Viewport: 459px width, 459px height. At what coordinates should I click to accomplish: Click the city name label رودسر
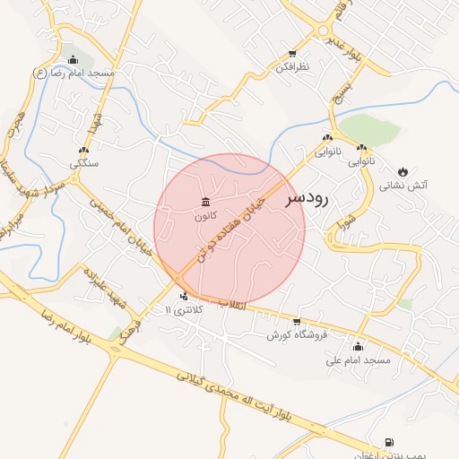click(x=307, y=199)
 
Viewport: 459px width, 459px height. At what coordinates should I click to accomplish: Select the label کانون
click(x=205, y=216)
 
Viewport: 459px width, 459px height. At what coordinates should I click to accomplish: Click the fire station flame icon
click(x=403, y=170)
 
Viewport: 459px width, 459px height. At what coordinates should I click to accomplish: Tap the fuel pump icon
click(x=388, y=442)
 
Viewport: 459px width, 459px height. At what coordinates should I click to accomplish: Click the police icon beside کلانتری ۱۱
click(x=184, y=296)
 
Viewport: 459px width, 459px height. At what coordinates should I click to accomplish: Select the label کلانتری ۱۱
click(x=185, y=309)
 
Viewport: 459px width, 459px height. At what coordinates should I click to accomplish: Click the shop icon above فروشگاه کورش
click(x=297, y=321)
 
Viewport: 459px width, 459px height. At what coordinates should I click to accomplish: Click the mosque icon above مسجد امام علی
click(x=359, y=346)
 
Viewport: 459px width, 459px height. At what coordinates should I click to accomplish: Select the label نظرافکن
click(x=292, y=67)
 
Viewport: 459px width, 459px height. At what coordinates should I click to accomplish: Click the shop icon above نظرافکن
click(x=292, y=54)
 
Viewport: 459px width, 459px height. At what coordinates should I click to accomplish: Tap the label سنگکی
click(x=84, y=164)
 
